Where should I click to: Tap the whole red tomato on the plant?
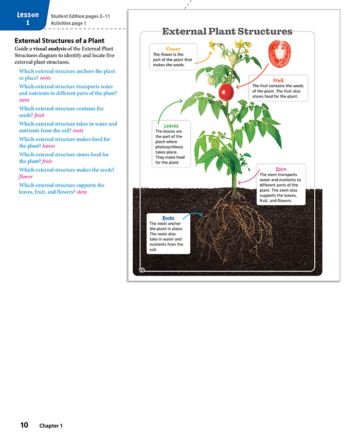226,92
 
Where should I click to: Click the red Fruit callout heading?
278,81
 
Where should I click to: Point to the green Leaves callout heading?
171,126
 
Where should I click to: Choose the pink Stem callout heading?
281,169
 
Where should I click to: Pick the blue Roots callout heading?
168,218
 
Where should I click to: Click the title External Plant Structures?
227,32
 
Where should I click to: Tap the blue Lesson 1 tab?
28,18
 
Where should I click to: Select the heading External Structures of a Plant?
60,41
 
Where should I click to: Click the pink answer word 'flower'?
26,177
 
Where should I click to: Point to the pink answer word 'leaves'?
48,146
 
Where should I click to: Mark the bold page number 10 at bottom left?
24,425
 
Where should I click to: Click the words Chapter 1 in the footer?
51,426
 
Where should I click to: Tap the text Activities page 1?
68,23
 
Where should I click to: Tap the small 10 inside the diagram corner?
142,270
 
